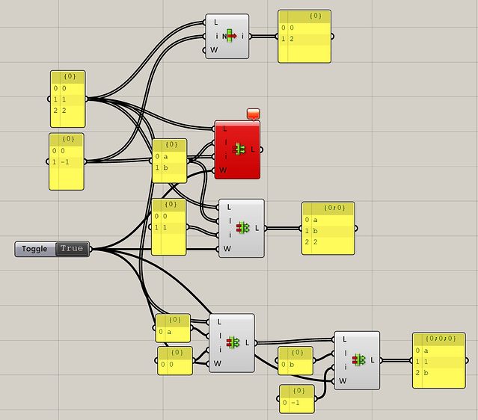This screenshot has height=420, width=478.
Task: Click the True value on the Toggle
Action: coord(72,249)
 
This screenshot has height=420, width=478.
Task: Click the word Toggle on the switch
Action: coord(34,249)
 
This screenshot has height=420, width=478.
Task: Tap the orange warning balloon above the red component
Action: coord(253,114)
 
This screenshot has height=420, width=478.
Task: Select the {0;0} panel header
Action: coord(328,207)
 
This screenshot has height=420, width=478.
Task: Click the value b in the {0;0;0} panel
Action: coord(427,372)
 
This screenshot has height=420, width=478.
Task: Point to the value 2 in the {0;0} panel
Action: coord(316,242)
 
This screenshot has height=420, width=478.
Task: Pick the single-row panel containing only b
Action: coord(295,365)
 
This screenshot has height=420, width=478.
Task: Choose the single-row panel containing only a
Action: coord(173,330)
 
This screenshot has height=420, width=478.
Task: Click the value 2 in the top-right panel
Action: coord(292,39)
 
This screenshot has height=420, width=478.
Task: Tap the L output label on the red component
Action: coord(253,149)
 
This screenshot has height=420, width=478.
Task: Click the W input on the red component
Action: coord(223,170)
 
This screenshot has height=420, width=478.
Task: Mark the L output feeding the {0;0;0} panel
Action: coord(372,360)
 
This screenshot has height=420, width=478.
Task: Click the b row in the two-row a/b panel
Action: coord(169,168)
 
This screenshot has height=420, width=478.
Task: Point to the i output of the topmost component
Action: coord(243,36)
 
